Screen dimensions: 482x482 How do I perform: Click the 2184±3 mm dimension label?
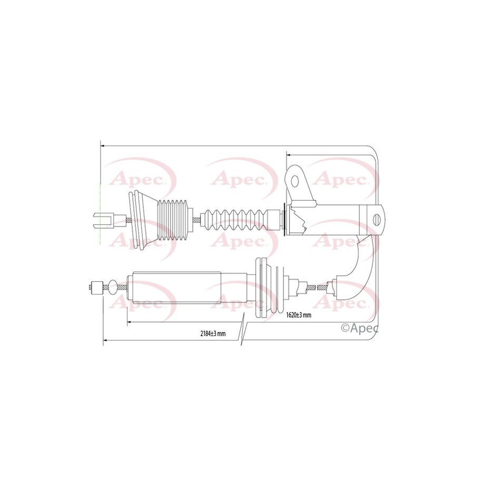(x=213, y=333)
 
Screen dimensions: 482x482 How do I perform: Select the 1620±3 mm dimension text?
(x=299, y=315)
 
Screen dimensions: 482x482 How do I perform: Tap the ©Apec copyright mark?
(x=360, y=328)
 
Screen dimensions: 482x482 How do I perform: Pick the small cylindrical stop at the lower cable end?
(x=97, y=288)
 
